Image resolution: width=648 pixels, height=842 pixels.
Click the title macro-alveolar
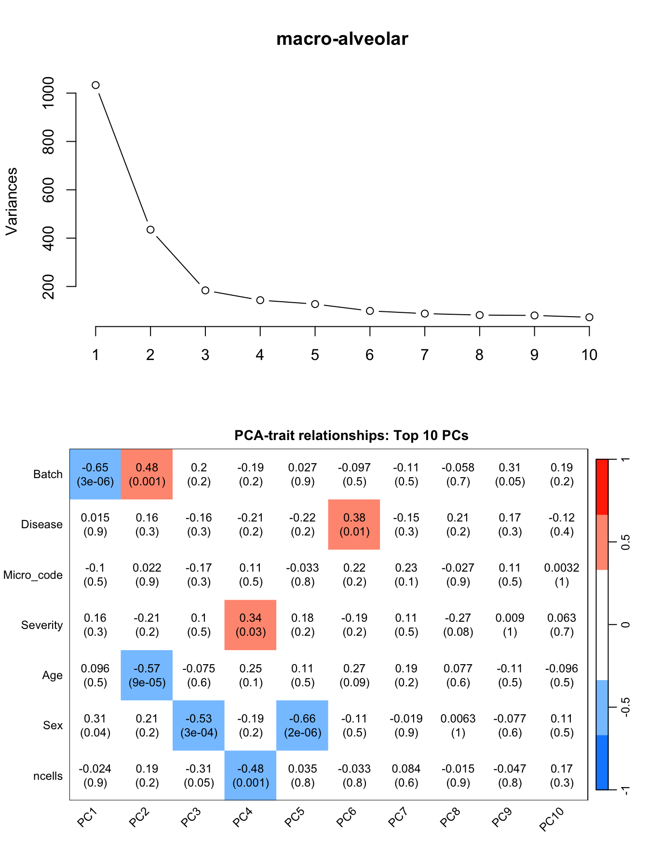[342, 39]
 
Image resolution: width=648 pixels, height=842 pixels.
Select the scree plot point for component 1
[95, 85]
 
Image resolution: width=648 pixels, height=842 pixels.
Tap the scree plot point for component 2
[150, 230]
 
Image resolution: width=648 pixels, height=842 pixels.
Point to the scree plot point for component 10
[589, 317]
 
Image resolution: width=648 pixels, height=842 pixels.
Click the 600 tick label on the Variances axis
[49, 189]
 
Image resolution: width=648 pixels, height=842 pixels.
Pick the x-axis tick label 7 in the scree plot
[424, 355]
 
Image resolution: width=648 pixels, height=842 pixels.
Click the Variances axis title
[12, 201]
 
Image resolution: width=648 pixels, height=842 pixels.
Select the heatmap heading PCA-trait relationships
[351, 435]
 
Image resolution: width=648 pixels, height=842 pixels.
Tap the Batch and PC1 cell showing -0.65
[95, 474]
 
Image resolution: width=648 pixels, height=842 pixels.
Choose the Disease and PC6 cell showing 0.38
[354, 524]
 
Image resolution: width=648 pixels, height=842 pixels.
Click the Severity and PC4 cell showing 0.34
[250, 625]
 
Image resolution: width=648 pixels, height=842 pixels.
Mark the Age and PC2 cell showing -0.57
[147, 675]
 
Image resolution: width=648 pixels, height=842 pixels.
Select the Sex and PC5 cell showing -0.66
[302, 725]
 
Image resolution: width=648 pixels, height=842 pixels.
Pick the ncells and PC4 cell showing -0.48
[250, 775]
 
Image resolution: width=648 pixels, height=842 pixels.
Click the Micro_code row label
[33, 575]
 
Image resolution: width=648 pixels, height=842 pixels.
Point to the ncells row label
[48, 776]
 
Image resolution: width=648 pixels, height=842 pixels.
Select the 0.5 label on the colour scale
[625, 542]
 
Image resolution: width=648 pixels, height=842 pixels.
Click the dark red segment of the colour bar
[602, 487]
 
